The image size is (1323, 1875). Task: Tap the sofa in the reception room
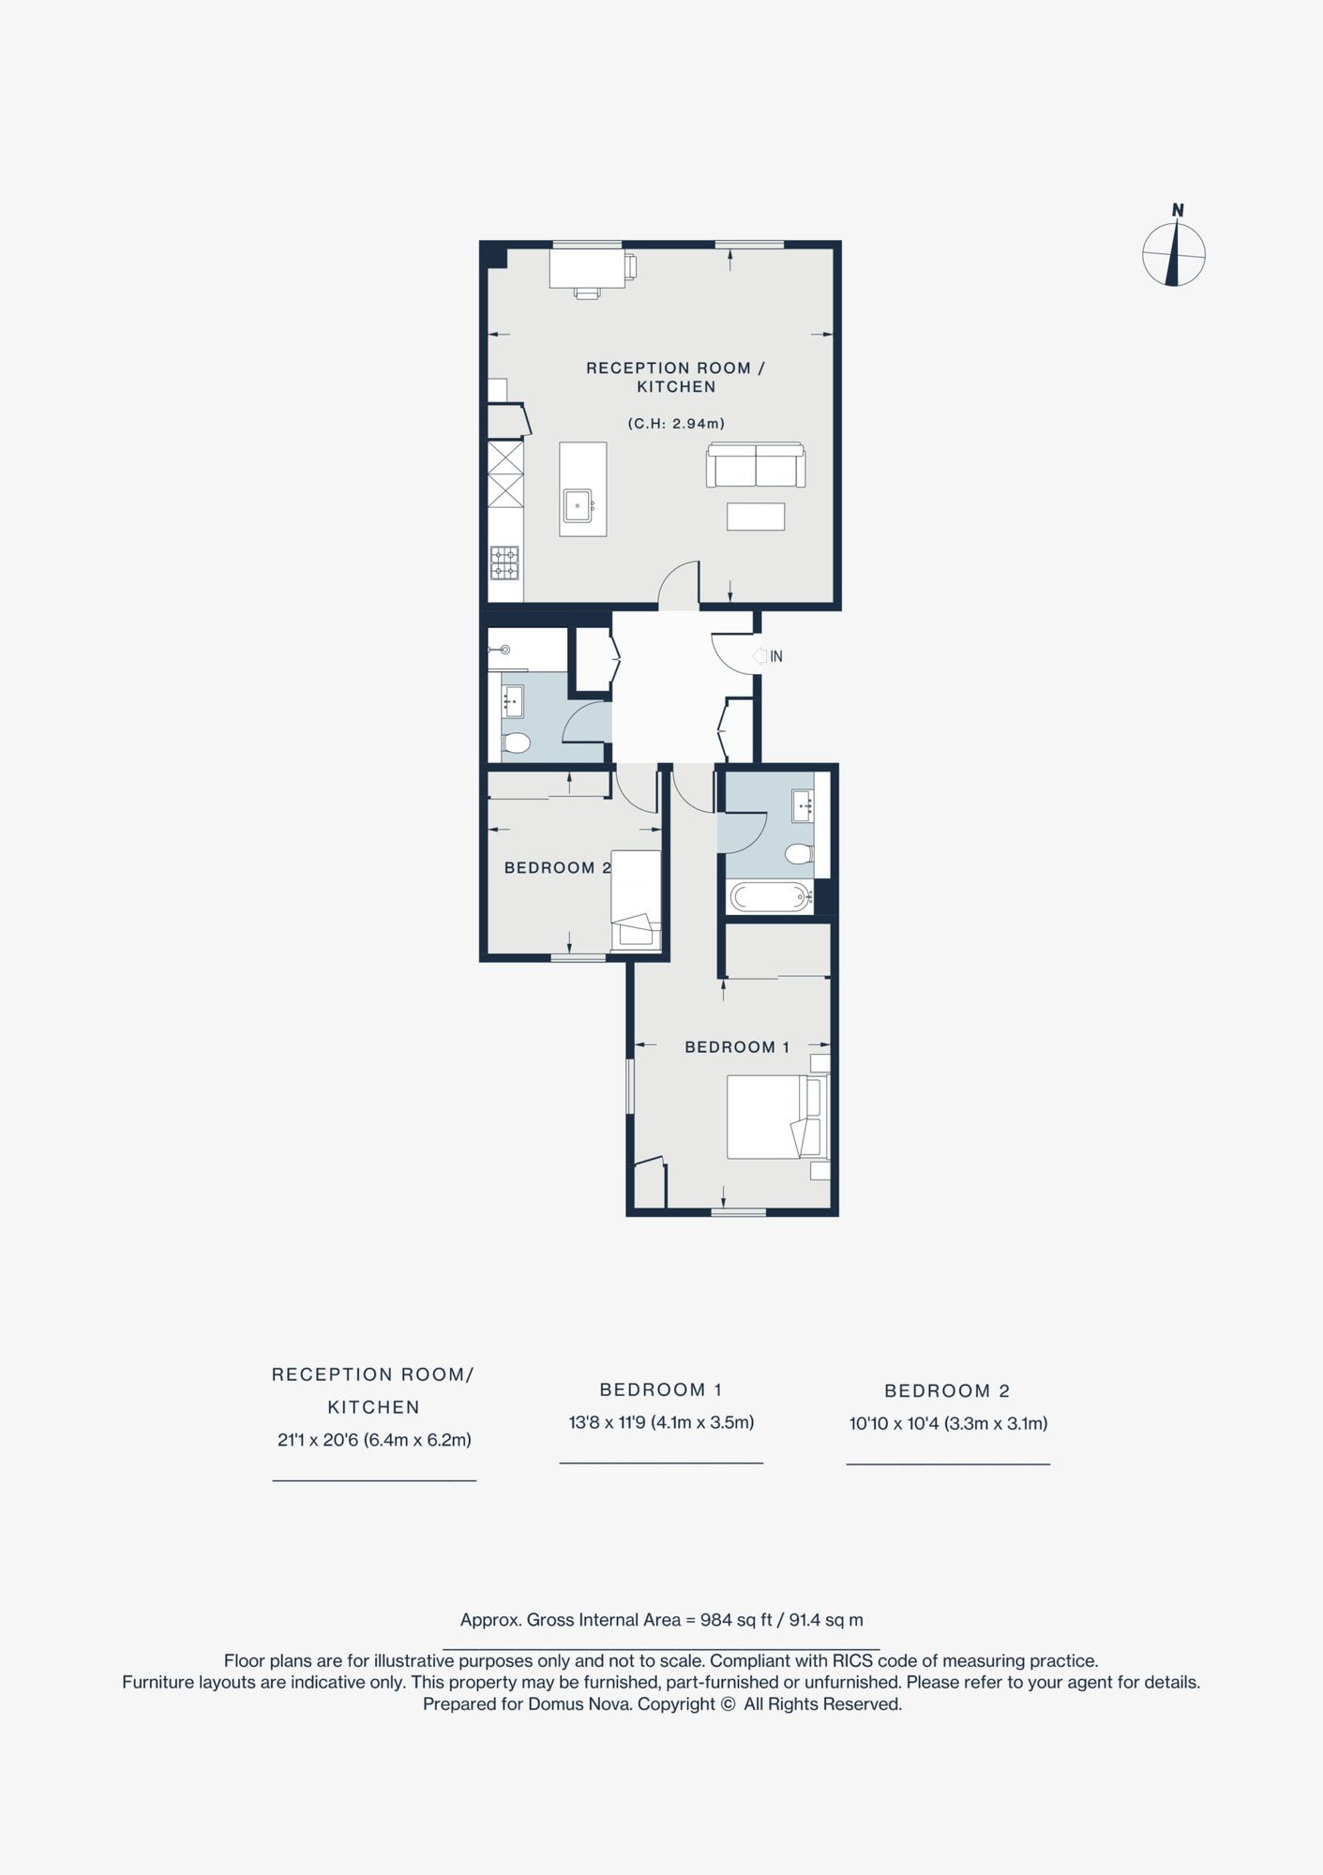point(756,464)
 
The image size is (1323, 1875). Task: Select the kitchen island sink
point(578,505)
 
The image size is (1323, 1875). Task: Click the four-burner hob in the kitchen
point(504,562)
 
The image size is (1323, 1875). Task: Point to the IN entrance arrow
point(760,656)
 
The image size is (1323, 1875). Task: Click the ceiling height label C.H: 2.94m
point(676,424)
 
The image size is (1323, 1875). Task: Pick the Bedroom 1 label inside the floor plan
point(737,1047)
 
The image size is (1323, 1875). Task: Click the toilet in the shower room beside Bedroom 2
point(515,742)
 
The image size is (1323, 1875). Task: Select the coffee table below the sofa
point(756,517)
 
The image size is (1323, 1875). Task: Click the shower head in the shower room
point(503,649)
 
